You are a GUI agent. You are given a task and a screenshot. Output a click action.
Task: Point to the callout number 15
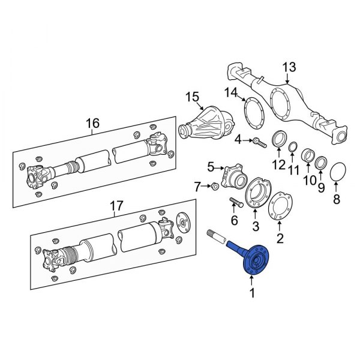coord(192,97)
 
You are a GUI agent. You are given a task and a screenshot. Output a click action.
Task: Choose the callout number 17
coord(116,206)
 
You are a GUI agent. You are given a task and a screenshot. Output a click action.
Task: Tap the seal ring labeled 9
coord(321,162)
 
